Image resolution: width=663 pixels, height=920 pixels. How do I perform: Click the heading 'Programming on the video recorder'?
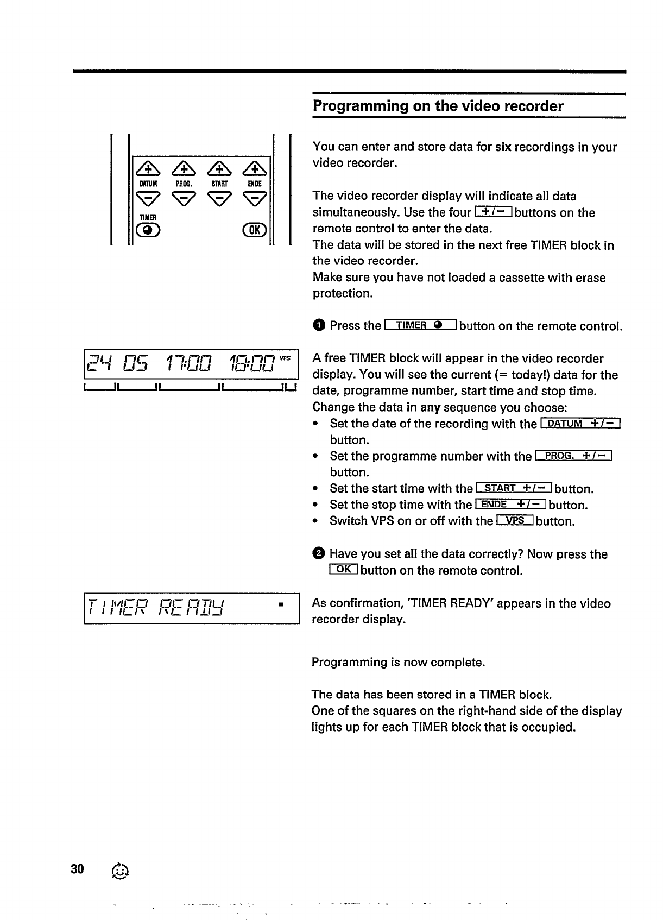tap(438, 106)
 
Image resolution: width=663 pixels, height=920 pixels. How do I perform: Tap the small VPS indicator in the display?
tap(286, 358)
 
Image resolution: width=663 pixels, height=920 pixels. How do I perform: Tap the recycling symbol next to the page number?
tap(120, 871)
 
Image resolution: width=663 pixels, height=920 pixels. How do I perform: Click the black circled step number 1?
tap(319, 326)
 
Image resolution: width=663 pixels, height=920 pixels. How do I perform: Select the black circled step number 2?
tap(319, 554)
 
